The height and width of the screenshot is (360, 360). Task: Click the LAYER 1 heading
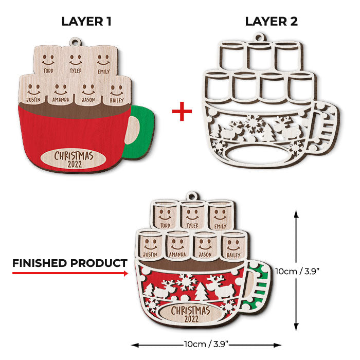86,22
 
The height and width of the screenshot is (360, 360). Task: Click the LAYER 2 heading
272,22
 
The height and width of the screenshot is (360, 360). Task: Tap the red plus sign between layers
182,112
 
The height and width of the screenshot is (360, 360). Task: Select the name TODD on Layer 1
48,70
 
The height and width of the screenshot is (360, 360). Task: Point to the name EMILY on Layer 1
103,71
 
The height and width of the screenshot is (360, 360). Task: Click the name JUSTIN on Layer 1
33,100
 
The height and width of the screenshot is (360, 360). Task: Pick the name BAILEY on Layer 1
117,100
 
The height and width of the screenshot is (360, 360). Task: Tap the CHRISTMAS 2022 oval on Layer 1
74,159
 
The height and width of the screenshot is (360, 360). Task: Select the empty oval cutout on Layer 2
257,154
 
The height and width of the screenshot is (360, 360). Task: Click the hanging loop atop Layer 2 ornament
260,38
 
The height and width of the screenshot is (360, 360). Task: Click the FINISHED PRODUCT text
70,263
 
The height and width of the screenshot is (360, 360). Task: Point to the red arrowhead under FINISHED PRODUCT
126,273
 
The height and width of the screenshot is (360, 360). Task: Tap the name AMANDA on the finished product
177,255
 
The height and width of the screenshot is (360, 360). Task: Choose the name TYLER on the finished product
192,226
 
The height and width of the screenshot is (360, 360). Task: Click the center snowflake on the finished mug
186,282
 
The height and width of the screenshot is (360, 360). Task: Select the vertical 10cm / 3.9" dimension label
298,272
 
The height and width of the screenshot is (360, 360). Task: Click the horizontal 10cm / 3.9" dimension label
206,344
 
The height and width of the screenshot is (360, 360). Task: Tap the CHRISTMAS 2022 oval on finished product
191,314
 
